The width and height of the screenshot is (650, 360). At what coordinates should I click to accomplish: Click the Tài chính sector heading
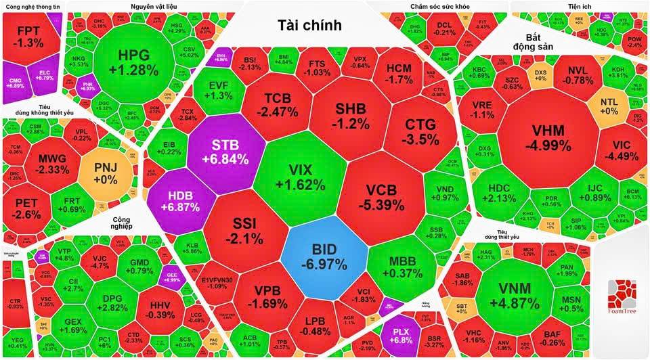point(309,26)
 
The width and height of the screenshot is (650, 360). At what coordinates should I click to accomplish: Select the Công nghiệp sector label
point(112,223)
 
